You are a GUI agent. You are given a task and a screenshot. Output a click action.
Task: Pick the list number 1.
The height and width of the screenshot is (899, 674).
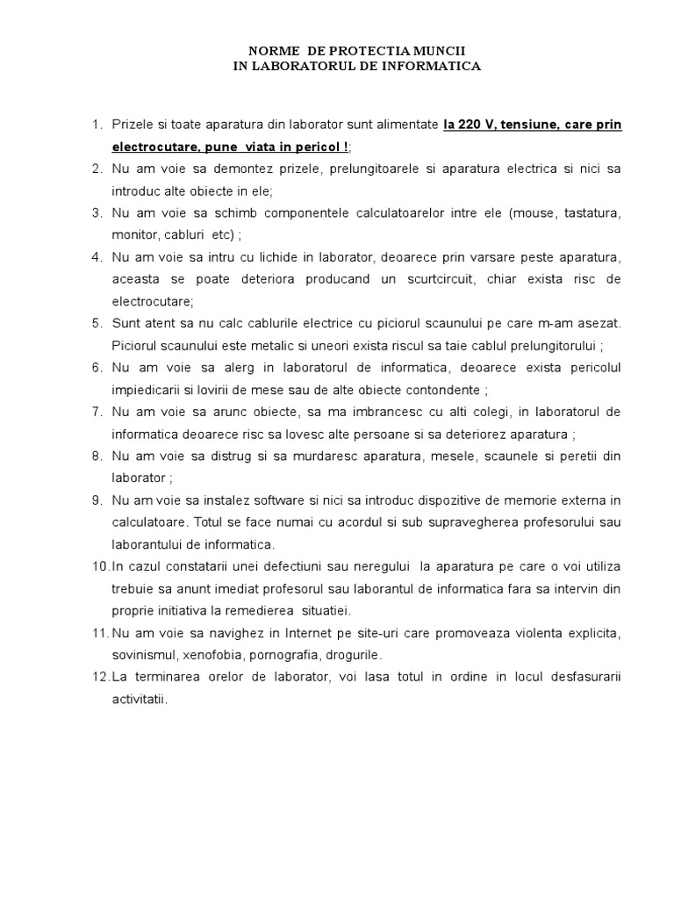[x=97, y=126]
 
